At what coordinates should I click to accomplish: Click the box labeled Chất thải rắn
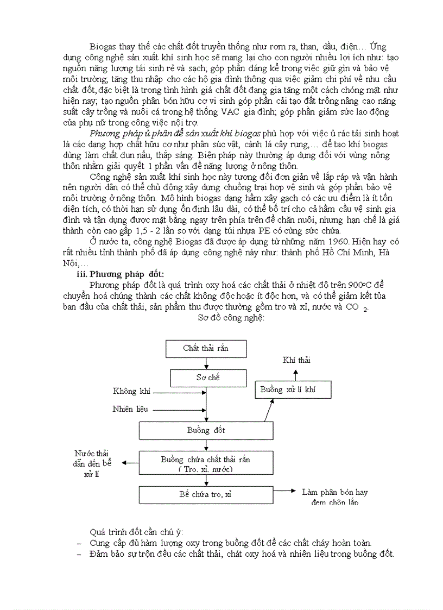(x=205, y=349)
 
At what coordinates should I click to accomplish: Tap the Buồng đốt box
(x=206, y=430)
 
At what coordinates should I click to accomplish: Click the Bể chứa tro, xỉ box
(x=206, y=494)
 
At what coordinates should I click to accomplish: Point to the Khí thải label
(x=296, y=360)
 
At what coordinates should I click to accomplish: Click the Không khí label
(x=132, y=392)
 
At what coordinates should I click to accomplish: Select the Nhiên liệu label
(x=130, y=409)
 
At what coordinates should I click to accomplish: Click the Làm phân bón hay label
(x=334, y=493)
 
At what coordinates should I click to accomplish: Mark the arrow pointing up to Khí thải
(x=296, y=374)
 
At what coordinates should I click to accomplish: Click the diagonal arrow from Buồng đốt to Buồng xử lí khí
(x=269, y=410)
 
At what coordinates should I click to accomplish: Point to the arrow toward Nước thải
(x=130, y=463)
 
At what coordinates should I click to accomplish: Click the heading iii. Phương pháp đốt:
(x=120, y=274)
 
